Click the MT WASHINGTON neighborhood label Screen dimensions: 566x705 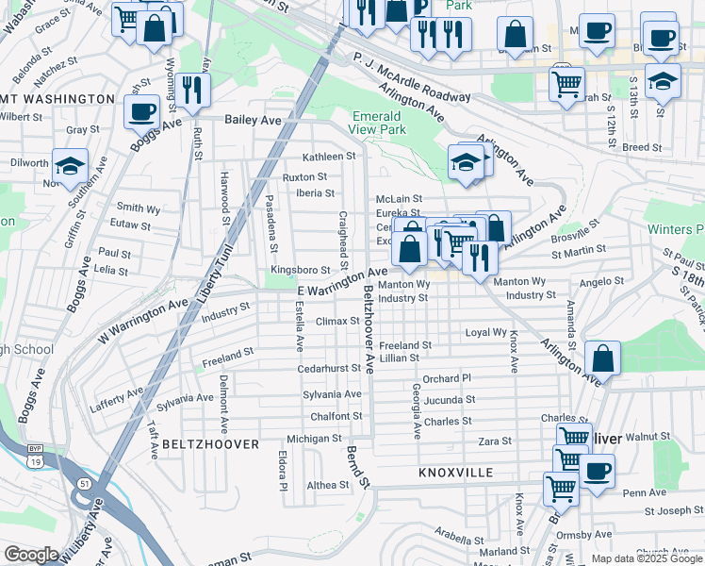[57, 99]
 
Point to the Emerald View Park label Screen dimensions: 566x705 [378, 122]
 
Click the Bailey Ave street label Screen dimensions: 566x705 [254, 121]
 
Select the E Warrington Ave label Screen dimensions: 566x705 [342, 283]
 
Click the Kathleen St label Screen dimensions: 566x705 [328, 157]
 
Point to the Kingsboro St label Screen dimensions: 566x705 [300, 270]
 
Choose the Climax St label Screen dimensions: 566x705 [338, 322]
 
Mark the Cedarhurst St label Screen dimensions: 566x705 [329, 369]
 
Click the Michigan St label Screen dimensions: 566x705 [314, 439]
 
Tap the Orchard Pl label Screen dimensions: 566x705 [446, 378]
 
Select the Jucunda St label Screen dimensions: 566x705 [448, 400]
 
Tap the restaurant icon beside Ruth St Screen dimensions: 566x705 [192, 92]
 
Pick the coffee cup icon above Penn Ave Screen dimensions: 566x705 [596, 472]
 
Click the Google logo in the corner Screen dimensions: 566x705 [31, 555]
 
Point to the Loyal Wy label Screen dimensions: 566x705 [486, 333]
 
